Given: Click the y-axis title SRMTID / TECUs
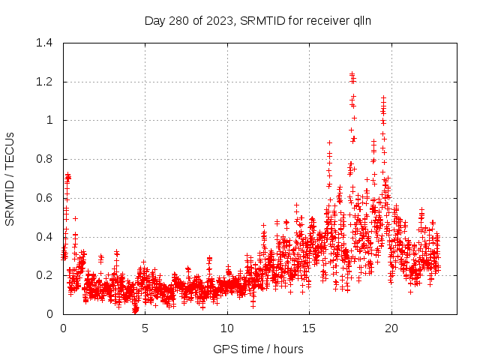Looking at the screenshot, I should [x=10, y=178].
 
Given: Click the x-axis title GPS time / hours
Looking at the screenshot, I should [x=259, y=349].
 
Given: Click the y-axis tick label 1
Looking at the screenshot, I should [x=49, y=120].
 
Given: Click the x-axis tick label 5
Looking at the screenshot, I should [x=145, y=328].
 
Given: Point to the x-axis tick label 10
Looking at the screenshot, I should [x=227, y=328].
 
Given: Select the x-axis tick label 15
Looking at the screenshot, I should [x=309, y=328].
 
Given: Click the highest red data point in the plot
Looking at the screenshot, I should [x=352, y=73].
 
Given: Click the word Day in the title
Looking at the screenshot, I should [x=154, y=20].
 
